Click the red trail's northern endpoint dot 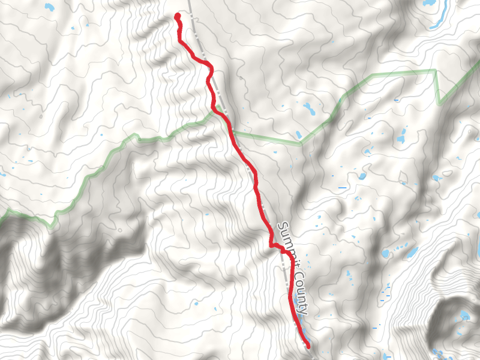point(178,16)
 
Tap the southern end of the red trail point(308,346)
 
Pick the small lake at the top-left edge point(48,8)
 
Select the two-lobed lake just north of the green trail point(309,109)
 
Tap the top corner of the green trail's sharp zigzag point(435,71)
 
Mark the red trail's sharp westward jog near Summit point(271,245)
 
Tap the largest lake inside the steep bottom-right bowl point(465,316)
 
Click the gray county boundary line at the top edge point(189,2)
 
